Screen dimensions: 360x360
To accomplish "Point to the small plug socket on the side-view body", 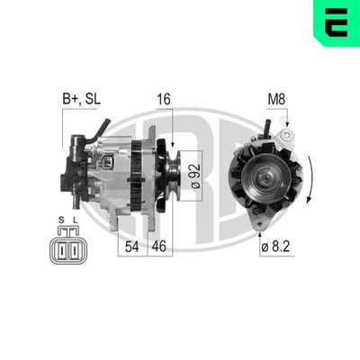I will pos(108,164).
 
